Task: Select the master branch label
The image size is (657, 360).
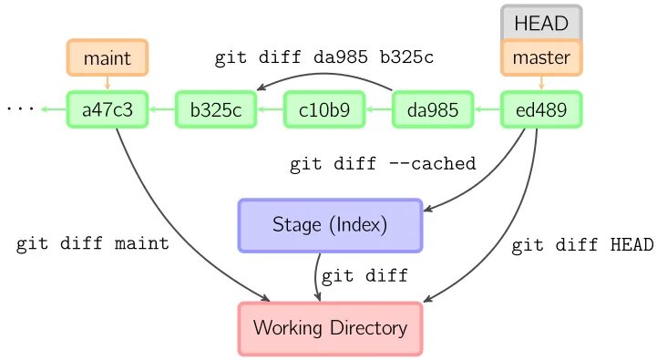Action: coord(541,58)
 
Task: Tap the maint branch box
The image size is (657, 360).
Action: coord(108,58)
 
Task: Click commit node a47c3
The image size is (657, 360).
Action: coord(108,110)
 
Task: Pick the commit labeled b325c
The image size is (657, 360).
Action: coord(215,110)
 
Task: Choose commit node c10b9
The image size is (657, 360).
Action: coord(324,110)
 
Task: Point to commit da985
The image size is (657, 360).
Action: coord(432,110)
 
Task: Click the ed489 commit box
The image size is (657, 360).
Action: coord(541,110)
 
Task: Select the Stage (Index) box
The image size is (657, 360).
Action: coord(330,224)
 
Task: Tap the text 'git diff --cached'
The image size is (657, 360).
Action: coord(383,165)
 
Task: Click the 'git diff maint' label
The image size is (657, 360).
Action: coord(92,244)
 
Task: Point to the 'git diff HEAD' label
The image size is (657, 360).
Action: coord(582,244)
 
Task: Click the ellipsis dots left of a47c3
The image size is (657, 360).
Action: coord(20,109)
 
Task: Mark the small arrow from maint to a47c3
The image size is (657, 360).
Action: coord(108,84)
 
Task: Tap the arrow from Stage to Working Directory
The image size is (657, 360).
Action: coord(318,276)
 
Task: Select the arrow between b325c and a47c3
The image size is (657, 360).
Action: coord(161,110)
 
